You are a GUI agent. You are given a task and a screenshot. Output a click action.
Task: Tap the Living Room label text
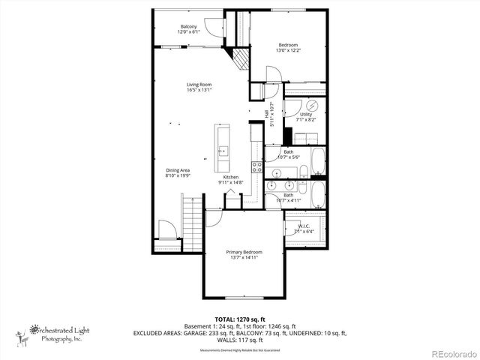199,84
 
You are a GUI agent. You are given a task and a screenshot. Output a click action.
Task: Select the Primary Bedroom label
245,252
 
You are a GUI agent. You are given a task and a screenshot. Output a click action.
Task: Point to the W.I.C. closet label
304,226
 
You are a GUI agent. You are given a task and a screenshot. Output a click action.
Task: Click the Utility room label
306,114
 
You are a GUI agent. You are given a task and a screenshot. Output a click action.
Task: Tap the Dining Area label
178,169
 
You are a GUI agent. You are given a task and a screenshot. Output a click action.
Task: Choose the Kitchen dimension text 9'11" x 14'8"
230,182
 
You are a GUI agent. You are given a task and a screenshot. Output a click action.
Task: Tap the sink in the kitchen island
222,151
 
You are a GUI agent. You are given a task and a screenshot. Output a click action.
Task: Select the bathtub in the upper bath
318,160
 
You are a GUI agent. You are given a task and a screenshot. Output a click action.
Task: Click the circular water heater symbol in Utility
313,105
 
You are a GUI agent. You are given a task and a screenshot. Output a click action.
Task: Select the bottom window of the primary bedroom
245,298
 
